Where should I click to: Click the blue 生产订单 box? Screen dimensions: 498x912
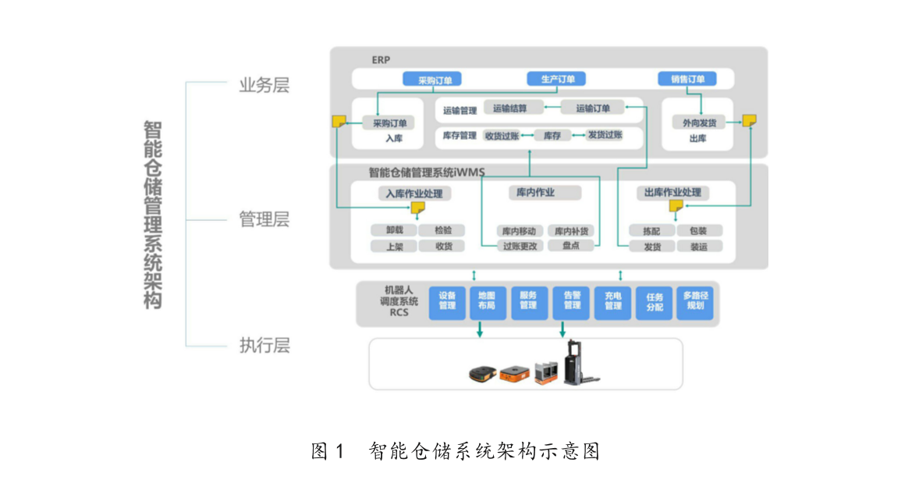(x=557, y=79)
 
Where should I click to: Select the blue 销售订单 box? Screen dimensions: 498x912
(x=687, y=79)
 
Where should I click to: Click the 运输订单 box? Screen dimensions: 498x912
(x=593, y=108)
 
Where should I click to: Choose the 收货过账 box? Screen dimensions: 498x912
(x=502, y=135)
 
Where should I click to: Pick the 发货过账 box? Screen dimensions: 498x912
(x=605, y=135)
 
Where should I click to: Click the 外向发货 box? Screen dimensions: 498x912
(x=698, y=123)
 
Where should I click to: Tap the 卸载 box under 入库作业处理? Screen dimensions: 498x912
(x=394, y=230)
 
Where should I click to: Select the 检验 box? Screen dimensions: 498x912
(x=442, y=230)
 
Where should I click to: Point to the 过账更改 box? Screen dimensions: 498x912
(x=520, y=246)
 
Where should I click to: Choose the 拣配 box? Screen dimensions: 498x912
(x=651, y=231)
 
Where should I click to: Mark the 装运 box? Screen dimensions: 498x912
(x=698, y=247)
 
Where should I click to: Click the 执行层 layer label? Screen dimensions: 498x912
(x=264, y=346)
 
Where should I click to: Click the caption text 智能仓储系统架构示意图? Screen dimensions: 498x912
(x=484, y=451)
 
